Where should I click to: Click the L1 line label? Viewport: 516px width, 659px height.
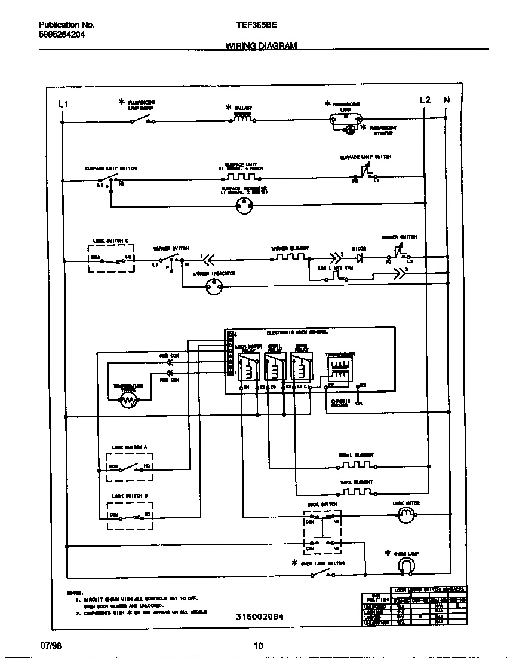[x=63, y=104]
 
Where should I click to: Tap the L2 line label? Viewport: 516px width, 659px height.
[x=425, y=100]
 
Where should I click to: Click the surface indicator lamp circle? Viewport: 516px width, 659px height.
[x=244, y=206]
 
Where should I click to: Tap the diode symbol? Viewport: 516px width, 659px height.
[x=360, y=259]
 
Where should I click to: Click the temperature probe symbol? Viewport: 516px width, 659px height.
[x=128, y=402]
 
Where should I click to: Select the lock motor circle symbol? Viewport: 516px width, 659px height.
[x=406, y=517]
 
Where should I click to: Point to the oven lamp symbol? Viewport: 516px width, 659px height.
[x=406, y=563]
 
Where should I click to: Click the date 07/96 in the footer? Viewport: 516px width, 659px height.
[x=51, y=646]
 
